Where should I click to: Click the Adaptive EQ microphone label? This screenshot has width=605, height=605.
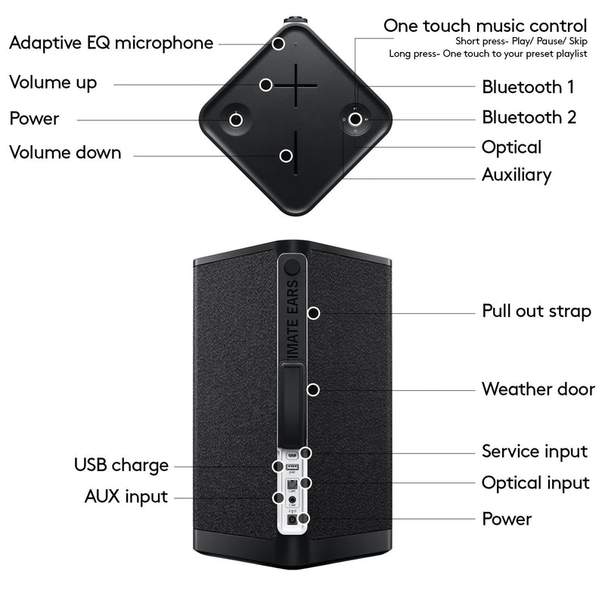click(x=111, y=43)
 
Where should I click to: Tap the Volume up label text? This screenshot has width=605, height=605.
click(x=53, y=83)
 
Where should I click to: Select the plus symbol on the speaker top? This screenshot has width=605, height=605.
click(x=296, y=85)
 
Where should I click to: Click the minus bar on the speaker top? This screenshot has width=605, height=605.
click(x=296, y=153)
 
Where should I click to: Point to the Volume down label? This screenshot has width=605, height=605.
click(x=65, y=153)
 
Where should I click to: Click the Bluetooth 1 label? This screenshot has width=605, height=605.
click(x=528, y=87)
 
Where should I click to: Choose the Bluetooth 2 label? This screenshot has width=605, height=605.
click(x=529, y=117)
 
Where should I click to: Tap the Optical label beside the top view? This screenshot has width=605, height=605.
click(x=512, y=147)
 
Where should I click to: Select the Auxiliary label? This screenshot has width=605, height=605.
click(x=517, y=175)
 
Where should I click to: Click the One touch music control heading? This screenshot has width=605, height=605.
click(x=485, y=26)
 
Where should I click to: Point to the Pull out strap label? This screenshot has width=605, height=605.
click(x=536, y=311)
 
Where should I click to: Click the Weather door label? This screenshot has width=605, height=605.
click(x=538, y=389)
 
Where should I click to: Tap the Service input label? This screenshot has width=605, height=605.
click(x=535, y=451)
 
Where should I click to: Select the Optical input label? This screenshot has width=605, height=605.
click(x=535, y=483)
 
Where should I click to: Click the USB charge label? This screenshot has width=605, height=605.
click(x=121, y=465)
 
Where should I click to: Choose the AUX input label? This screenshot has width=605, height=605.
click(x=126, y=497)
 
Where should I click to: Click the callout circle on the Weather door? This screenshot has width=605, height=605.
click(x=313, y=389)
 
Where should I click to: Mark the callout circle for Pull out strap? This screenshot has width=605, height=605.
click(x=314, y=313)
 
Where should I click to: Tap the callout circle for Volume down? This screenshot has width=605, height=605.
click(x=286, y=156)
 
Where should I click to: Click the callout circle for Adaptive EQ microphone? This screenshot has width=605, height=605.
click(x=278, y=44)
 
